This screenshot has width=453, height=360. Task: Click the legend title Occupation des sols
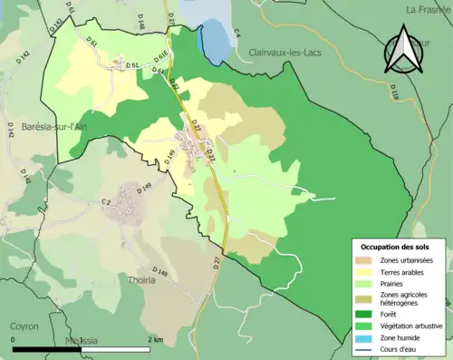tap(396, 247)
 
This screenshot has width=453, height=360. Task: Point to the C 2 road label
tap(106, 201)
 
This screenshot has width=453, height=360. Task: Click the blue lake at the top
tap(214, 42)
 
